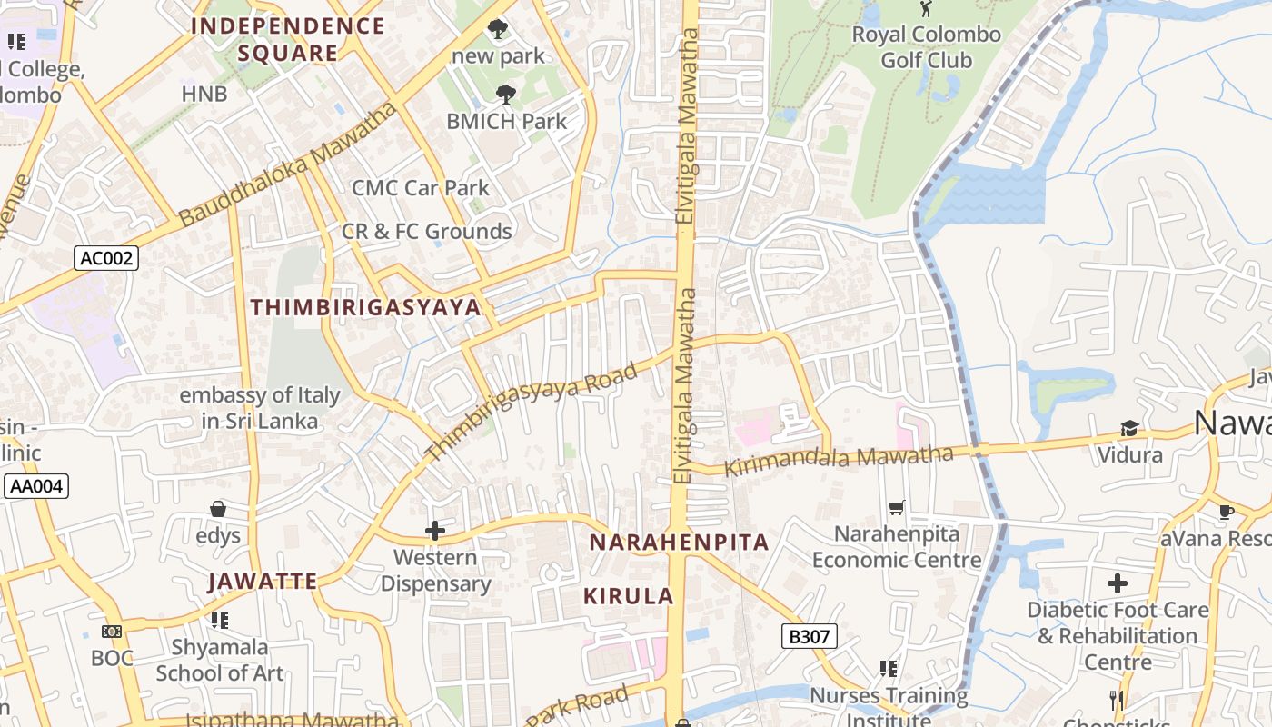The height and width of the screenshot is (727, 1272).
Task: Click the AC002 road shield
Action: point(106,258)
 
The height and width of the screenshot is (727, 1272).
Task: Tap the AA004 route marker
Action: point(36,486)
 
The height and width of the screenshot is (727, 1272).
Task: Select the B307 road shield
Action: point(809,636)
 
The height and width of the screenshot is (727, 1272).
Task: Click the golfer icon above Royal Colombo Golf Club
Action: point(926,9)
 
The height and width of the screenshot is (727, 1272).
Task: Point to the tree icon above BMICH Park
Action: point(506,94)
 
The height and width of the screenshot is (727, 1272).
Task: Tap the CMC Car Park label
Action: point(421,188)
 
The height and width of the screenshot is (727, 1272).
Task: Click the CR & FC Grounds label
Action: point(426,232)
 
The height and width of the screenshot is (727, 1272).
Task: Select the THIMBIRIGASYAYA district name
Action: point(365,307)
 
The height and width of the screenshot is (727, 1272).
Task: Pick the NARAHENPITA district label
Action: point(679,543)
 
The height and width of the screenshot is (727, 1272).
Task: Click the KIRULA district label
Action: point(628,596)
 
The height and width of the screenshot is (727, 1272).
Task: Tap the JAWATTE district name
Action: point(262,581)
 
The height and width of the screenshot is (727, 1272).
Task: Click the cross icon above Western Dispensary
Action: point(435,531)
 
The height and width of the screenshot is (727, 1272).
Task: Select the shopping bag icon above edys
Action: point(218,509)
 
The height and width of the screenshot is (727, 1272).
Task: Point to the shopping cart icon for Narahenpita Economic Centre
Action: point(897,507)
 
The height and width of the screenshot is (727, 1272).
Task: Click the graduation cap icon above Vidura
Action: point(1129,428)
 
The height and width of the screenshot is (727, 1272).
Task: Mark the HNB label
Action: point(204,94)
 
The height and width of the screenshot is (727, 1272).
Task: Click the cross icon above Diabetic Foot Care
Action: point(1118,583)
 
